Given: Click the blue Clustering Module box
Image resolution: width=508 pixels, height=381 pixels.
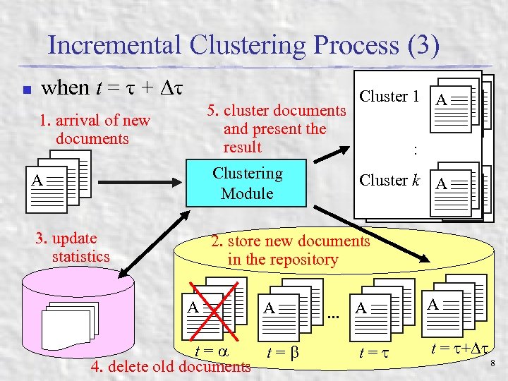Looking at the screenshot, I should tap(247, 183).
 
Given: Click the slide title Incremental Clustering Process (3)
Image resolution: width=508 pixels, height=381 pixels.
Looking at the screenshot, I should tap(243, 46).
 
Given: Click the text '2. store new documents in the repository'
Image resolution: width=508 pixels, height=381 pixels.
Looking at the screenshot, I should tap(290, 250).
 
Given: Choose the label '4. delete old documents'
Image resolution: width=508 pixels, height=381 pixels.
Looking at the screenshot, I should tap(171, 366).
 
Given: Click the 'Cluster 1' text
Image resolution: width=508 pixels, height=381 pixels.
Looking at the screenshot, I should tap(389, 97).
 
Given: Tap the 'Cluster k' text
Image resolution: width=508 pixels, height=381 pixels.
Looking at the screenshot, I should tap(389, 180).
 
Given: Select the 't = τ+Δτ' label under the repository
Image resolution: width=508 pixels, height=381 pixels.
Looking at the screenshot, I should tap(458, 348).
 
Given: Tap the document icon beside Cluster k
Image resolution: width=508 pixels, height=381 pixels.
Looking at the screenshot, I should tap(455, 188).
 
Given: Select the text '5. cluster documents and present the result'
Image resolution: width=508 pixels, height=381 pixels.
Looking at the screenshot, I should tap(276, 129).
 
